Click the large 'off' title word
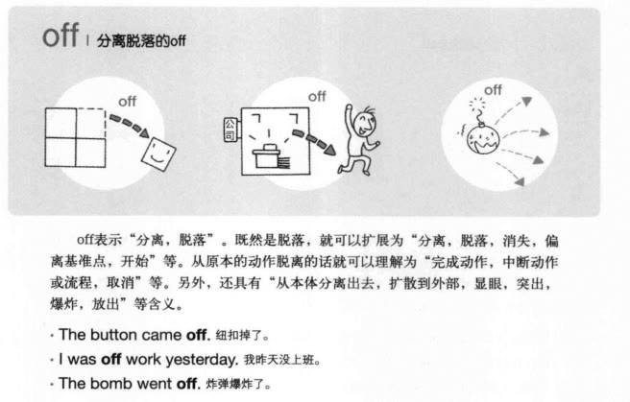pos(61,35)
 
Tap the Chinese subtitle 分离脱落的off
pos(141,40)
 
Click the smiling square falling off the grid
pos(158,154)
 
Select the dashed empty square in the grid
pos(90,123)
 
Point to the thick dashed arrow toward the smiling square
pos(130,125)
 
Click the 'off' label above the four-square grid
pos(128,102)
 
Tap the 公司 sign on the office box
pos(230,130)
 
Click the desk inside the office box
pos(266,155)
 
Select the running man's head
pos(367,122)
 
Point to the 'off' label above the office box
pos(317,97)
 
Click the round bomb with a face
pos(482,139)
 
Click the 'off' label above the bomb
pos(493,90)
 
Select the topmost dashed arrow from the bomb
pos(513,109)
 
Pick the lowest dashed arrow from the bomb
pos(510,174)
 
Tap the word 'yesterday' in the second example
pos(202,360)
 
